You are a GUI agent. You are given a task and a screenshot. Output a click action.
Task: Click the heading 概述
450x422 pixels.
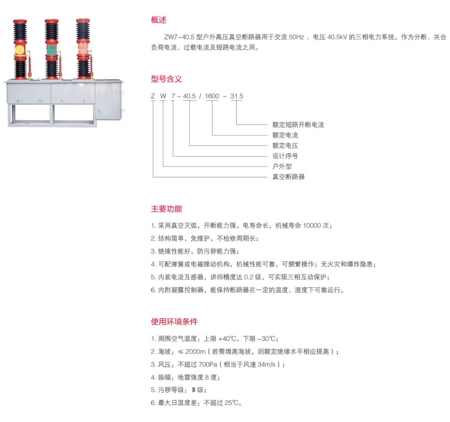pyautogui.click(x=159, y=20)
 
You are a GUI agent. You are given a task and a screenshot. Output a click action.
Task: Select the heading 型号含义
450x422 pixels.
pyautogui.click(x=166, y=79)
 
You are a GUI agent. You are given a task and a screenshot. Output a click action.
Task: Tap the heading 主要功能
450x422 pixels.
pyautogui.click(x=166, y=209)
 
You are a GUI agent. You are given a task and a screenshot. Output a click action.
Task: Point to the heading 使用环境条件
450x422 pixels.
pyautogui.click(x=174, y=321)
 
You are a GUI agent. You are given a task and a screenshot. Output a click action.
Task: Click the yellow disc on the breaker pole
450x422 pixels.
pyautogui.click(x=19, y=50)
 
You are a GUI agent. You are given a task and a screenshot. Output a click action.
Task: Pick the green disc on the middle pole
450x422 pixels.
pyautogui.click(x=51, y=50)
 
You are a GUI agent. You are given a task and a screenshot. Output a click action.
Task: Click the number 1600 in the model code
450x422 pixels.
pyautogui.click(x=212, y=96)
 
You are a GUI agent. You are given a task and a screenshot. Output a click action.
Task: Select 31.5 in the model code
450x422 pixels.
pyautogui.click(x=237, y=96)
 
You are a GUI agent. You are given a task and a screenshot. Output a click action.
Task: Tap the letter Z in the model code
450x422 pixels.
pyautogui.click(x=153, y=96)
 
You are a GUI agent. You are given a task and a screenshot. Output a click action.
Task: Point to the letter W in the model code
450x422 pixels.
pyautogui.click(x=163, y=96)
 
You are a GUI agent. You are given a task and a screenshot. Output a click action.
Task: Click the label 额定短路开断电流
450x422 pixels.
pyautogui.click(x=298, y=125)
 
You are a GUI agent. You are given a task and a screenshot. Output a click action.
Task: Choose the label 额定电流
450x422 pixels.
pyautogui.click(x=285, y=135)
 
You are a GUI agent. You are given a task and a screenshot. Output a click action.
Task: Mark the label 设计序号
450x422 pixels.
pyautogui.click(x=285, y=156)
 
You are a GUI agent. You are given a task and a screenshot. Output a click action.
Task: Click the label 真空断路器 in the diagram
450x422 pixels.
pyautogui.click(x=288, y=177)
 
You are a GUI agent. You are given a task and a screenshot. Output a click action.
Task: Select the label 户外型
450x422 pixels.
pyautogui.click(x=282, y=166)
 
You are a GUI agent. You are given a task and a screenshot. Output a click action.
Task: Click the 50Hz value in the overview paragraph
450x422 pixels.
pyautogui.click(x=296, y=37)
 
